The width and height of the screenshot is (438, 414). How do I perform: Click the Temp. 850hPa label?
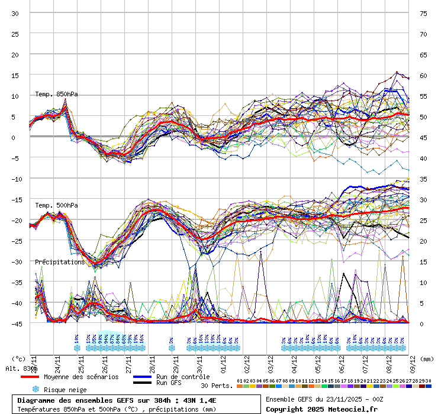pos(56,94)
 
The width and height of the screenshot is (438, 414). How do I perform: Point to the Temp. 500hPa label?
pos(56,205)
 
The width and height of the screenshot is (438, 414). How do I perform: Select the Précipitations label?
pos(60,262)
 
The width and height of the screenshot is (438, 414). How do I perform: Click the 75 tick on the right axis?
pos(423,13)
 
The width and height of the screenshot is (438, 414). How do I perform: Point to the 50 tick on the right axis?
pos(423,117)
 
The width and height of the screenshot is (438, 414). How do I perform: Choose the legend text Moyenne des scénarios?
pos(81,377)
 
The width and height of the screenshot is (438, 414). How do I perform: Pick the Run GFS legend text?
pos(169,383)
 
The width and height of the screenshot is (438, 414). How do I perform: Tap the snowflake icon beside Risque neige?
pos(36,389)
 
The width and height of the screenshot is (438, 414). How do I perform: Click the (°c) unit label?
pos(19,358)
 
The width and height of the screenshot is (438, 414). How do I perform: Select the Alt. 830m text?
pos(22,368)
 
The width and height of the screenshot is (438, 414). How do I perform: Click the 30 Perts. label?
pos(217,386)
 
